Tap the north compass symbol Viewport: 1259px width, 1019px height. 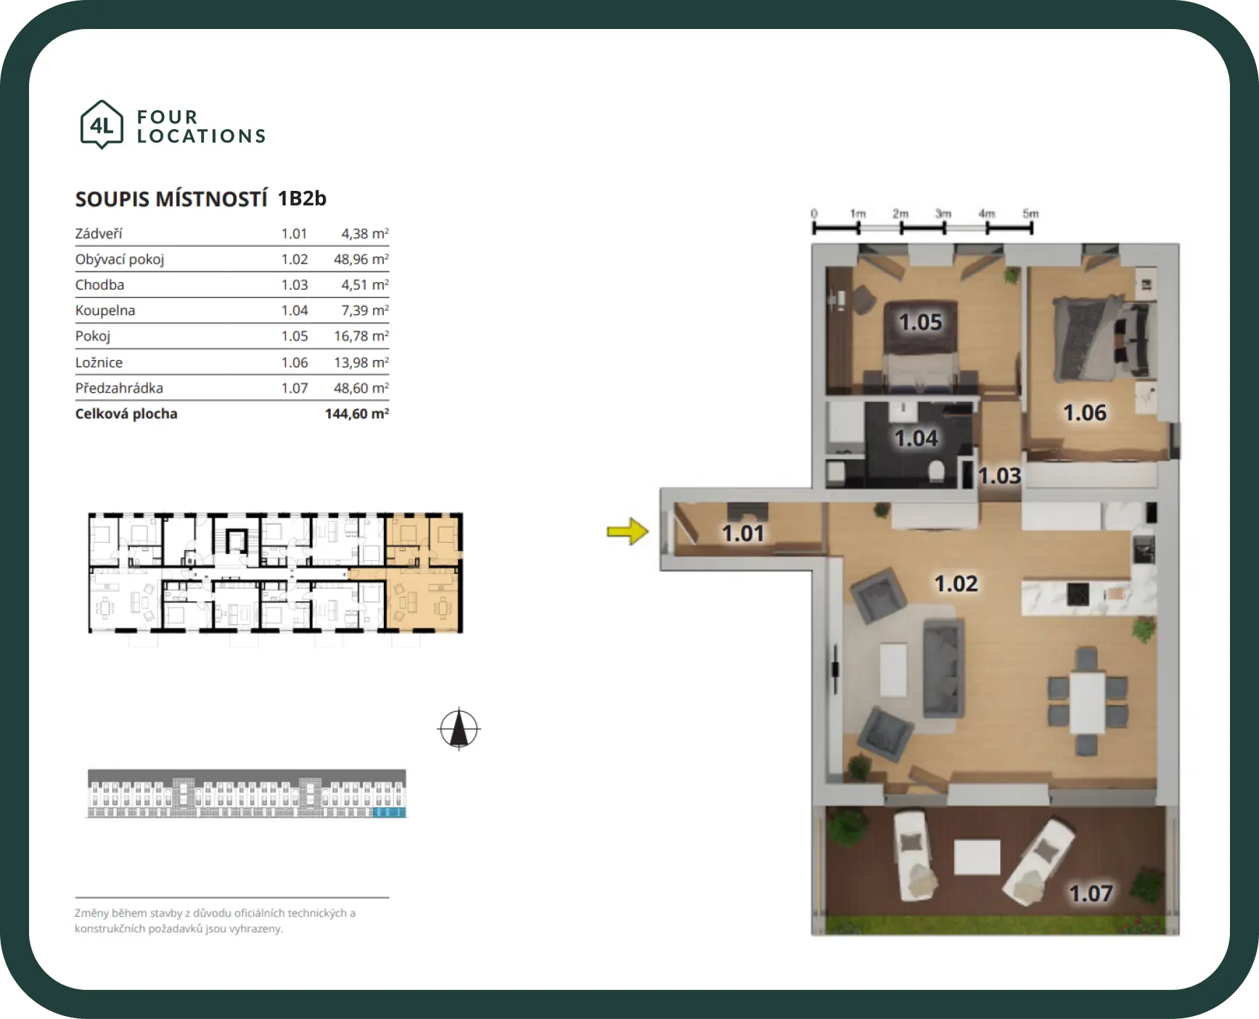(459, 729)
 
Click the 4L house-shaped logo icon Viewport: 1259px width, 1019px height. (102, 125)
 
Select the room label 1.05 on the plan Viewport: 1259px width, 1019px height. (920, 322)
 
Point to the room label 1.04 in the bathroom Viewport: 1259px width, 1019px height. (916, 438)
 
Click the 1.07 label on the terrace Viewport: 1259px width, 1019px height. (1091, 893)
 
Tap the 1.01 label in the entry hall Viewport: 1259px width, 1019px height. (743, 533)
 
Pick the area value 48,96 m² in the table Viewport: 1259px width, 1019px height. (361, 259)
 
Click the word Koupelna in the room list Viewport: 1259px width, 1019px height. (105, 311)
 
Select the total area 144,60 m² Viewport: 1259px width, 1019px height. (357, 414)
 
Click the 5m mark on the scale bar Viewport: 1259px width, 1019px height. (1030, 213)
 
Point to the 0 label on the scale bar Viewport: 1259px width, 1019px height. (814, 213)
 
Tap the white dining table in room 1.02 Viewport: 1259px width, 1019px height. (1087, 702)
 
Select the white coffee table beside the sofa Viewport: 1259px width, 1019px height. (893, 670)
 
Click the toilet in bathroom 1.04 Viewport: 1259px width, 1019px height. (937, 472)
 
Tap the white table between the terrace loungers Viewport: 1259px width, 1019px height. (977, 857)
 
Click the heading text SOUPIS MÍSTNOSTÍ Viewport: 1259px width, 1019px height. (171, 199)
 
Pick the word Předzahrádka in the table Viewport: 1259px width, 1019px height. (119, 388)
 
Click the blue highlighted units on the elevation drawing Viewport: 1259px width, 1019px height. (389, 811)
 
